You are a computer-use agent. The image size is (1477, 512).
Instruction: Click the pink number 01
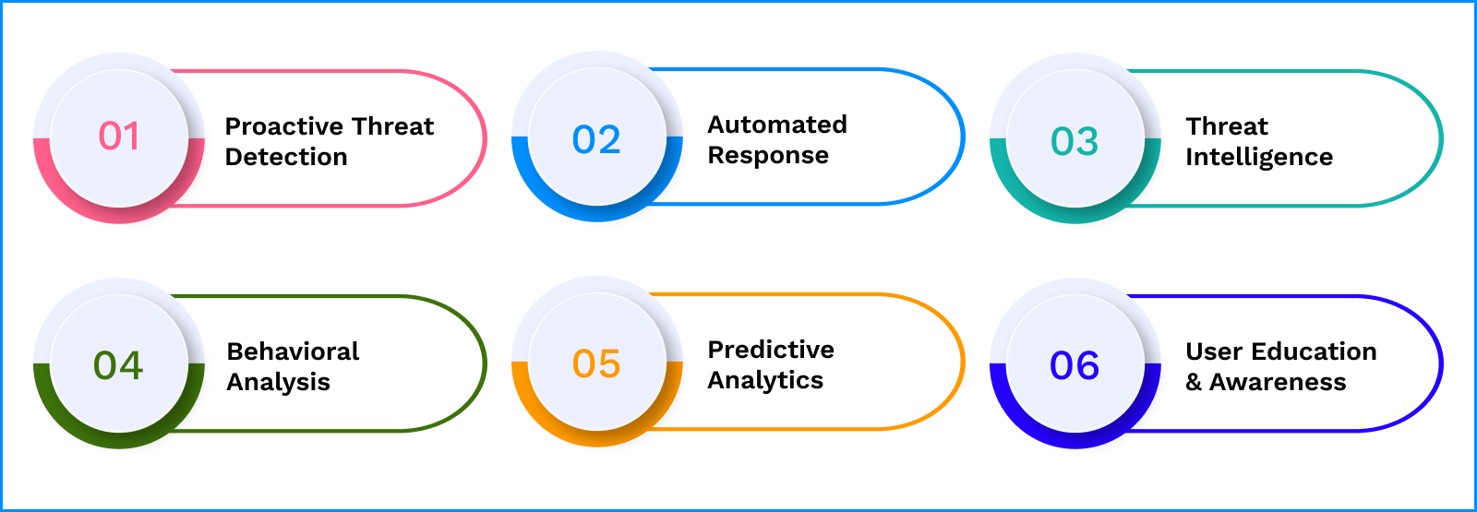(x=119, y=137)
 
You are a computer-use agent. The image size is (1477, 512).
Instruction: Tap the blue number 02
(x=596, y=139)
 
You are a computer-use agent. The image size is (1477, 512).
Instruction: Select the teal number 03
(x=1075, y=141)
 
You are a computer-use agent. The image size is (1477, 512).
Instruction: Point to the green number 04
(x=118, y=365)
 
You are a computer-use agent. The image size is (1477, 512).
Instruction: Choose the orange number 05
(x=596, y=363)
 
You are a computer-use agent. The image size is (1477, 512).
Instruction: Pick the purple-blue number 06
(x=1075, y=365)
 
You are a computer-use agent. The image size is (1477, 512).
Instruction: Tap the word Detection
(x=286, y=157)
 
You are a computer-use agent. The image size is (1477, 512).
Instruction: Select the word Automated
(x=777, y=124)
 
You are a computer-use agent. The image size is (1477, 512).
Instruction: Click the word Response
(x=768, y=156)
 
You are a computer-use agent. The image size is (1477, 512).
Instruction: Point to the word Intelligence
(x=1259, y=158)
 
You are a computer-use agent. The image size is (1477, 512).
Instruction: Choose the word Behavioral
(x=293, y=351)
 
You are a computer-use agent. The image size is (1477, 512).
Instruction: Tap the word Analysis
(x=278, y=382)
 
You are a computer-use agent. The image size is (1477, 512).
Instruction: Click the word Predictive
(x=771, y=350)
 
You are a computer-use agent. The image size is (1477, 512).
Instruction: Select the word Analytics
(x=765, y=381)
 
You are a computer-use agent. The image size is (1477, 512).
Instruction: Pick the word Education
(x=1315, y=351)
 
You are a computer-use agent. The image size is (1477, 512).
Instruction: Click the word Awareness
(x=1278, y=382)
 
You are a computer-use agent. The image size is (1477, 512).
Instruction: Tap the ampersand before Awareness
(x=1194, y=382)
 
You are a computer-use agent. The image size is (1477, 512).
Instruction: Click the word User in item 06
(x=1215, y=351)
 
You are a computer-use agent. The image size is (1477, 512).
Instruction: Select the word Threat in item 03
(x=1227, y=125)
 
